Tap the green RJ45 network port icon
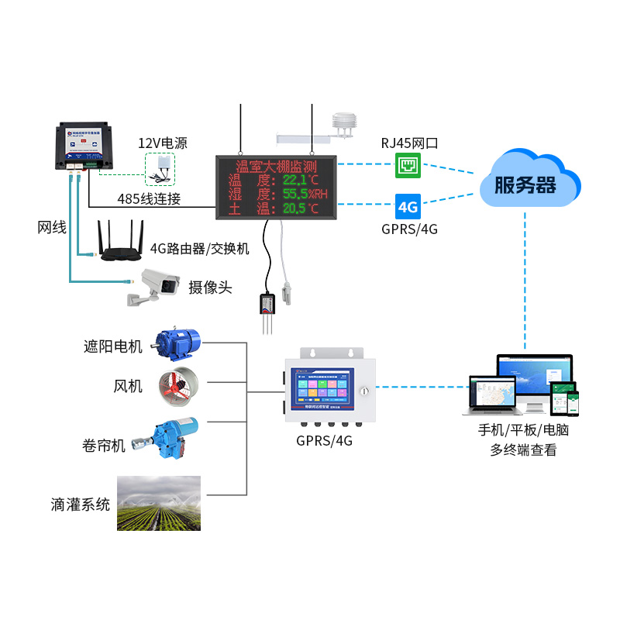pos(408,164)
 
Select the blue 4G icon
pos(408,207)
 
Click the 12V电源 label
pos(163,143)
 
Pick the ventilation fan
pos(178,385)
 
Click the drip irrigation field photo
pos(159,503)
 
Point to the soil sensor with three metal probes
pos(267,311)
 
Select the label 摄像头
pos(210,288)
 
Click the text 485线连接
pos(149,198)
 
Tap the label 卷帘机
pos(103,446)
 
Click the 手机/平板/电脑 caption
pos(523,431)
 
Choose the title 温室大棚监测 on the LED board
pos(277,166)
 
